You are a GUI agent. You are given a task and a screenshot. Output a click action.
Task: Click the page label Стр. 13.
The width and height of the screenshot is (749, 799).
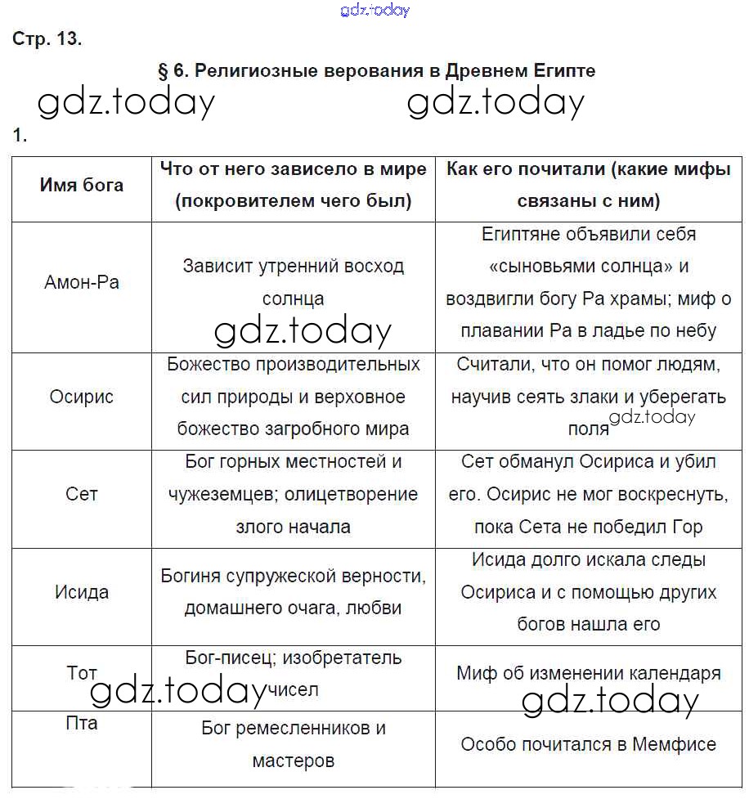pyautogui.click(x=47, y=38)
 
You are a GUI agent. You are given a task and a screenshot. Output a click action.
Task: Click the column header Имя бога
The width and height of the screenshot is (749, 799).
pyautogui.click(x=82, y=185)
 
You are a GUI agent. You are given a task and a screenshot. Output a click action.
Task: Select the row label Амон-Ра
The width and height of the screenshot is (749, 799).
pyautogui.click(x=82, y=283)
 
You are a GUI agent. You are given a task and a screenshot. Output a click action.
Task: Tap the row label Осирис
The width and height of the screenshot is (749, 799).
pyautogui.click(x=82, y=397)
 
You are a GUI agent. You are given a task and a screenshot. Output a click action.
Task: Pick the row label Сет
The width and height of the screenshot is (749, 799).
pyautogui.click(x=82, y=495)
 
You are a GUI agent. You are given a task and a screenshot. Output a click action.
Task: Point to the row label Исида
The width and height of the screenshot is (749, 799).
pyautogui.click(x=82, y=592)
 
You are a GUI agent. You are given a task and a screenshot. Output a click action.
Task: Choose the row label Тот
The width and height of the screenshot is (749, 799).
pyautogui.click(x=82, y=673)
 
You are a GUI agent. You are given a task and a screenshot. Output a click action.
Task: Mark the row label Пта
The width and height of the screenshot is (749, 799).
pyautogui.click(x=82, y=723)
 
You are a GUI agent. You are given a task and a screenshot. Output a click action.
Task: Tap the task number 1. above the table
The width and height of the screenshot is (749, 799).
pyautogui.click(x=20, y=136)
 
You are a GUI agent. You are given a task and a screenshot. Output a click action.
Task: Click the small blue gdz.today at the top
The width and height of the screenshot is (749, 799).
pyautogui.click(x=374, y=10)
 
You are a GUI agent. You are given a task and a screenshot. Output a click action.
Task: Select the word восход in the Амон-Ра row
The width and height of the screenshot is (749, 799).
pyautogui.click(x=372, y=267)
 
